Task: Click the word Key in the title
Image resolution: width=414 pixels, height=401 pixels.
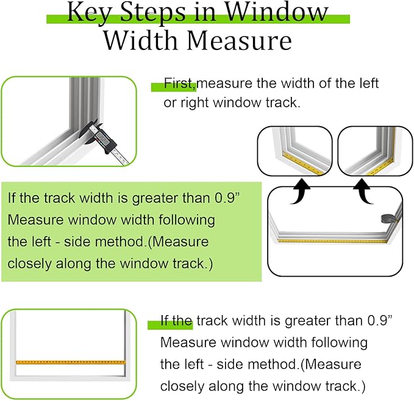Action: (x=85, y=12)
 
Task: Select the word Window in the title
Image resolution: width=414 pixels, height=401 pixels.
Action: (x=287, y=12)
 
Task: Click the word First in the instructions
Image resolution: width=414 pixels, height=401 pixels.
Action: (x=179, y=83)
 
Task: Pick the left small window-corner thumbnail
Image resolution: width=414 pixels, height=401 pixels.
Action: (x=294, y=150)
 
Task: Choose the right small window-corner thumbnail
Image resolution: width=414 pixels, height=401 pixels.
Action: (x=371, y=150)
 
